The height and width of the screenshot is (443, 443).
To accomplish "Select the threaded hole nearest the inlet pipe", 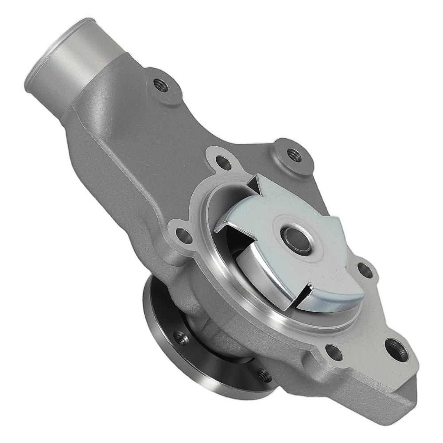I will pyautogui.click(x=161, y=84).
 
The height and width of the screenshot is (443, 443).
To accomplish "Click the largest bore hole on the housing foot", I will pyautogui.click(x=395, y=350).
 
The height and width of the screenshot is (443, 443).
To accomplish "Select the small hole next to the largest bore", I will pyautogui.click(x=334, y=352).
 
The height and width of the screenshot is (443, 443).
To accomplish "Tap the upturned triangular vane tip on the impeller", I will pyautogui.click(x=256, y=183).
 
